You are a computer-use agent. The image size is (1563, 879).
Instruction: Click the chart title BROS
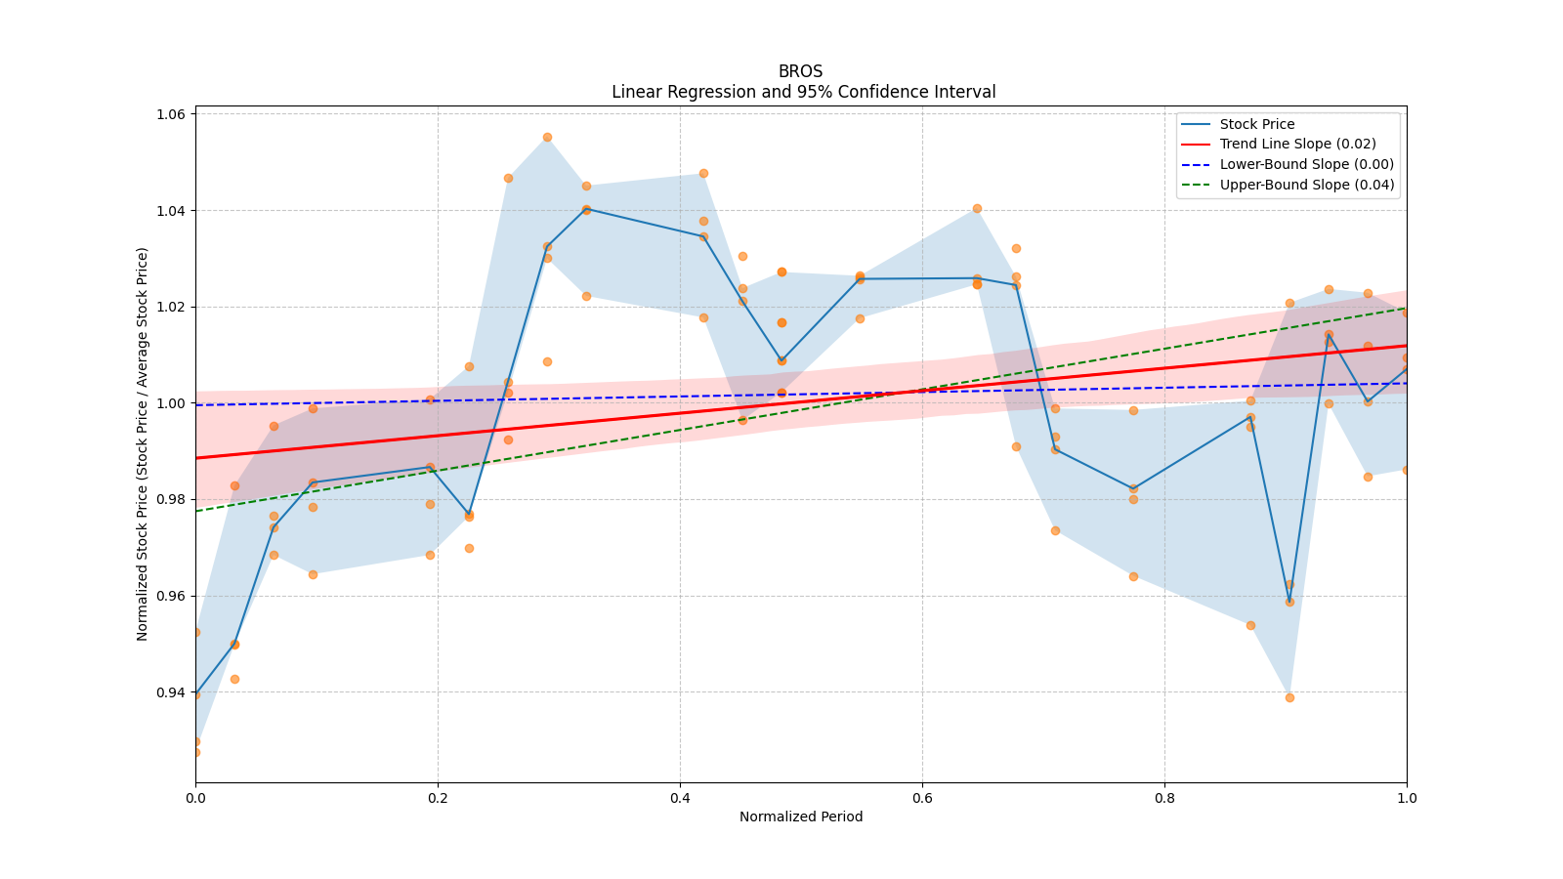pos(800,71)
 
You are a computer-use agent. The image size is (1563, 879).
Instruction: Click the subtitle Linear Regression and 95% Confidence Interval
pos(803,92)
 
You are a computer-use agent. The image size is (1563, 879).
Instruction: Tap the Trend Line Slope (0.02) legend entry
pos(1297,145)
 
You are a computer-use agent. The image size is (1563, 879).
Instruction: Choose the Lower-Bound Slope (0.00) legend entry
pos(1306,165)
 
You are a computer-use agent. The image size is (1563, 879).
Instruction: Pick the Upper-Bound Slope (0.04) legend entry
pos(1306,185)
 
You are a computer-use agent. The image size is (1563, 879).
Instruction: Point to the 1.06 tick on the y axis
pos(172,114)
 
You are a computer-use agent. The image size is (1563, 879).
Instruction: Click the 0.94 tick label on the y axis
pos(172,692)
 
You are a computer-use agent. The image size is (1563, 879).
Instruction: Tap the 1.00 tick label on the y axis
pos(172,403)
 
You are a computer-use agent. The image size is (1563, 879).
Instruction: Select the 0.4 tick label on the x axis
pos(680,798)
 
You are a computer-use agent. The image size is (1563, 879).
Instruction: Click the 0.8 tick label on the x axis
pos(1164,798)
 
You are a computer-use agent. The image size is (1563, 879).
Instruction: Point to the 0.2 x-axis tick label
pos(438,798)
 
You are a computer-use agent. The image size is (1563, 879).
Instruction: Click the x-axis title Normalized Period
pos(801,816)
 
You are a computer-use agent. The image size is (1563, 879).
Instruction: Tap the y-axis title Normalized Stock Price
pos(143,443)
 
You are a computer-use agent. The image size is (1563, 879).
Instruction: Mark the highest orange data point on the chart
pos(547,137)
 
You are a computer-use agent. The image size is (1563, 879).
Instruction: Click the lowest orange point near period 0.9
pos(1289,697)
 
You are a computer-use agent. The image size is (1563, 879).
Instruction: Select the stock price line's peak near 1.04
pos(586,209)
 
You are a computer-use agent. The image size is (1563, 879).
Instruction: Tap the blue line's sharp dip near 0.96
pos(1289,602)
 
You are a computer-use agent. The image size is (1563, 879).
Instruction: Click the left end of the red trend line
pos(196,457)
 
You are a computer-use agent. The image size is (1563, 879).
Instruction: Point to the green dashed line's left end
pos(196,511)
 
